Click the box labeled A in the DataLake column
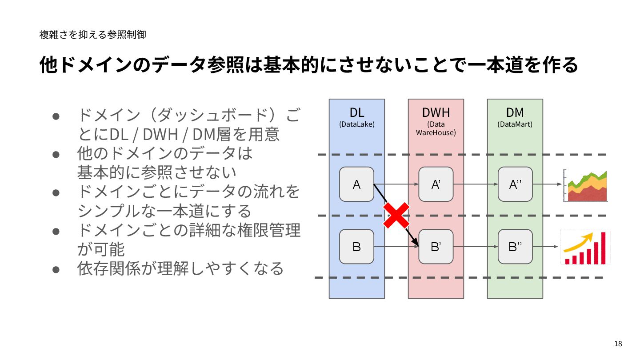click(356, 184)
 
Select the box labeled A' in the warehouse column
click(436, 184)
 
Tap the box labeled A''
click(515, 184)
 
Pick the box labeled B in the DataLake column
click(356, 247)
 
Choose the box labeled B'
click(436, 247)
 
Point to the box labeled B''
click(515, 247)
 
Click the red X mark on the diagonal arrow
click(396, 215)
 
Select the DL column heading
click(356, 112)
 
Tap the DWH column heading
click(436, 112)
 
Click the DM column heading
click(515, 112)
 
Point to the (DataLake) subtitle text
click(356, 124)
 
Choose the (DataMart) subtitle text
click(515, 124)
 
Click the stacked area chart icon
click(585, 186)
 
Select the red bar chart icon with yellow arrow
click(585, 247)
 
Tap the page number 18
click(618, 344)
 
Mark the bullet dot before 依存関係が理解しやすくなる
click(56, 269)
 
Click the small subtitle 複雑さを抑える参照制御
click(92, 34)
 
